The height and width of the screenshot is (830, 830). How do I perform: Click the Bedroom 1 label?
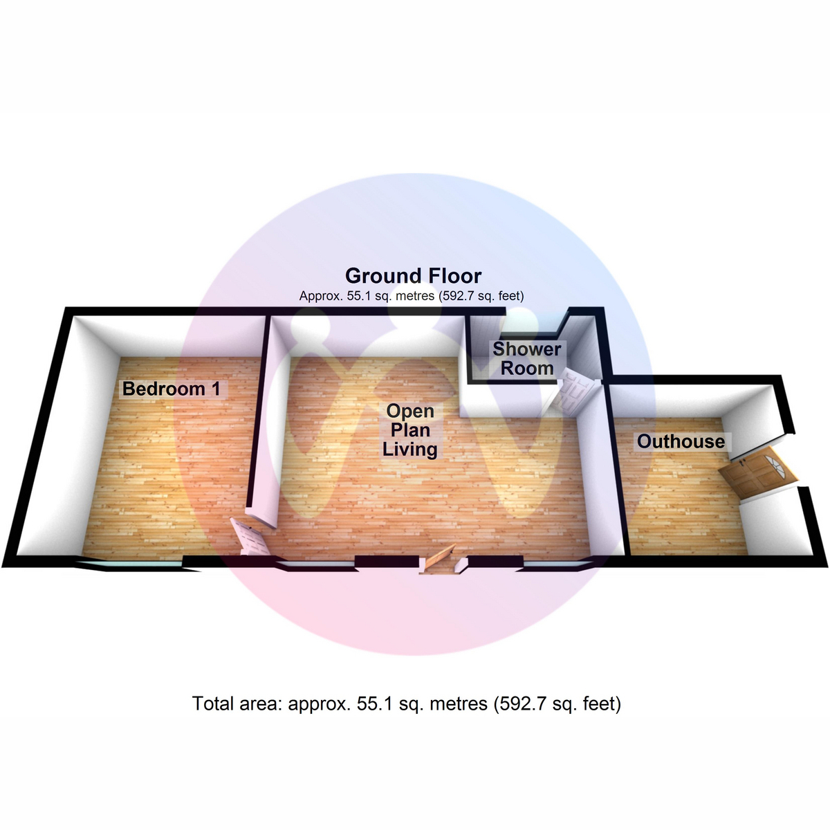(172, 389)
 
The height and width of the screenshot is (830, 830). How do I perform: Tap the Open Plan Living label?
(410, 430)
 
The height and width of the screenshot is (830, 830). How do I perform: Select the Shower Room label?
(527, 358)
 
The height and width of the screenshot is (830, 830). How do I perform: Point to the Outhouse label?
(681, 441)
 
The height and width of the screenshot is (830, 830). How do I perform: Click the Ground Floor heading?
(413, 276)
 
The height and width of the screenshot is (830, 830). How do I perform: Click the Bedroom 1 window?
(129, 564)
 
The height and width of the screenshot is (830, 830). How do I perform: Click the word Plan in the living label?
(410, 430)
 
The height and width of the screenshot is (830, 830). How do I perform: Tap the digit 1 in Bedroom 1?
(216, 389)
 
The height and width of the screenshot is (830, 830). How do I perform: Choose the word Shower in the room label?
(527, 349)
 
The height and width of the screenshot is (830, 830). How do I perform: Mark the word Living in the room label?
(410, 450)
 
